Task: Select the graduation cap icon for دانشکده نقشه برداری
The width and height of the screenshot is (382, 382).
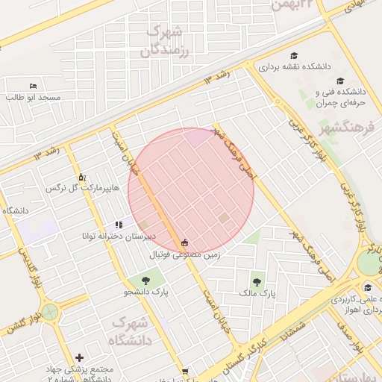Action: pos(295,56)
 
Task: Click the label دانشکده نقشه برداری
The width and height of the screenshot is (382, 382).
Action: pos(295,66)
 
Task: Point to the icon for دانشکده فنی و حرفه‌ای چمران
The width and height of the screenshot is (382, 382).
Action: pos(340,81)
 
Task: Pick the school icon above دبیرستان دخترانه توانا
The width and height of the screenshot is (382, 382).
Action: pos(119,225)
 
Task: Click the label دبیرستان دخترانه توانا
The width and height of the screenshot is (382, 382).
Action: pos(119,236)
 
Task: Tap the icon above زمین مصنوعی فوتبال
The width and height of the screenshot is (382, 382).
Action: pos(184,242)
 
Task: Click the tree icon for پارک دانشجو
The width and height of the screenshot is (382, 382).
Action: pos(145,281)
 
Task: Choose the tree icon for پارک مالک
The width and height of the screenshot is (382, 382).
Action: pos(257,282)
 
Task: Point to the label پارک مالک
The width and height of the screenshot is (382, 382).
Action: pos(257,293)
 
